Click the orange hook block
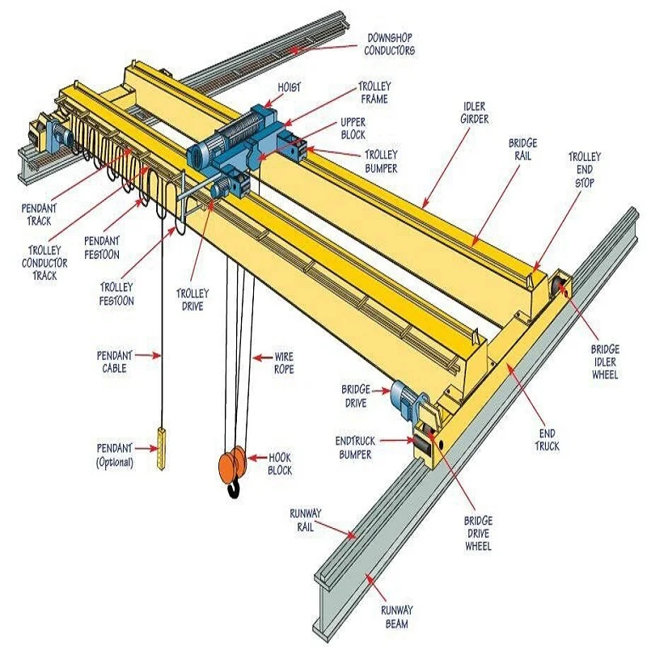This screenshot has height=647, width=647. [x=232, y=465]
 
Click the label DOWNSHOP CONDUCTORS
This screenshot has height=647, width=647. [x=391, y=44]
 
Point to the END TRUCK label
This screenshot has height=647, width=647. [x=546, y=440]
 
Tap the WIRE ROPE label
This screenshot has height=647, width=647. [x=284, y=363]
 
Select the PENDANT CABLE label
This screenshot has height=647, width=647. [x=114, y=361]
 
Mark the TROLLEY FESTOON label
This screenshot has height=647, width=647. [x=116, y=294]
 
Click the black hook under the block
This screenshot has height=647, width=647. [x=235, y=488]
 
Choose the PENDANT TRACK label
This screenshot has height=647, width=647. [x=39, y=214]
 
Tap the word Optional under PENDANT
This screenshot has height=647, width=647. [x=114, y=463]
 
